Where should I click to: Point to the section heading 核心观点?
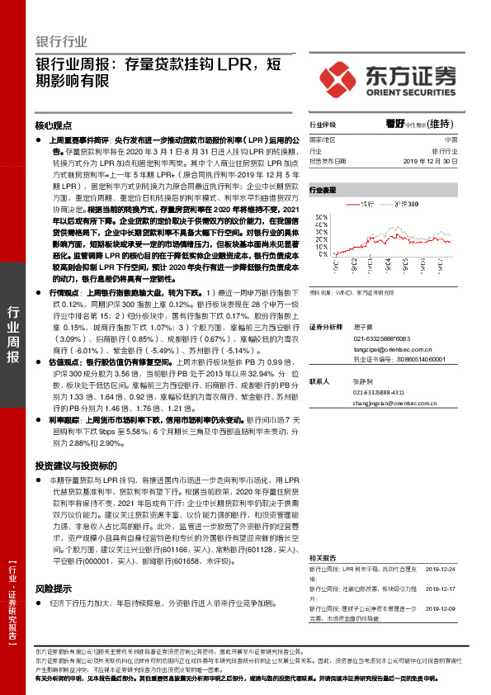(x=54, y=127)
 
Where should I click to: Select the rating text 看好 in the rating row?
(x=394, y=125)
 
